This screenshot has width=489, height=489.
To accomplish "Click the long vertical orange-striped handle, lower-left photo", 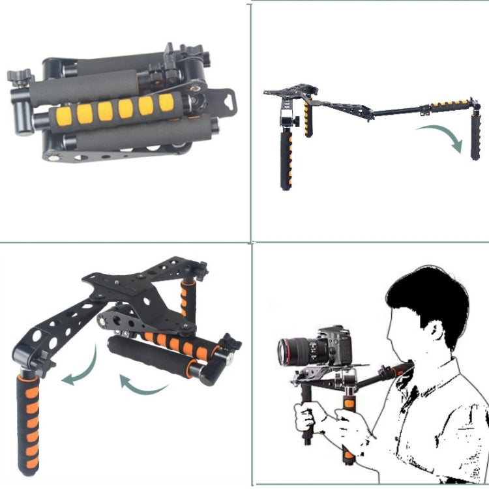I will pos(27,421).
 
